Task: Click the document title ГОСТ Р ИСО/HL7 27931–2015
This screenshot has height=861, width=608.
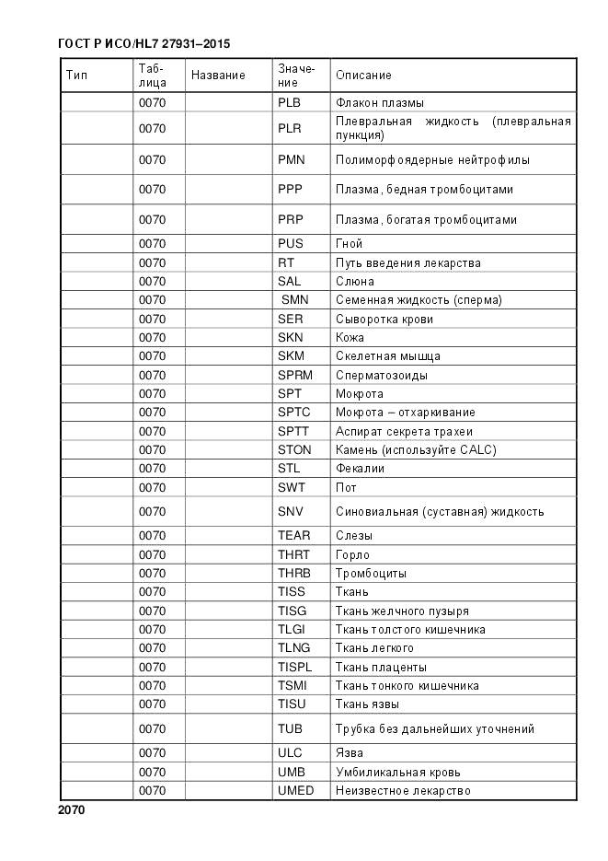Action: [x=143, y=43]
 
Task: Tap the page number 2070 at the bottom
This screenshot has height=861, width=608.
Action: [x=71, y=810]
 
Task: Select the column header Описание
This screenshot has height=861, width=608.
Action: [x=363, y=75]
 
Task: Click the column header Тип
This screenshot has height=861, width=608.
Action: [x=76, y=75]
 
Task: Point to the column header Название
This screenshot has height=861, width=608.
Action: [x=218, y=75]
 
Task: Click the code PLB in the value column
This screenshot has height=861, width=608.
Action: [x=290, y=103]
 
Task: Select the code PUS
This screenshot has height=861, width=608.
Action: [x=290, y=244]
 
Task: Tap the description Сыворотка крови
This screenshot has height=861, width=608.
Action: [x=384, y=319]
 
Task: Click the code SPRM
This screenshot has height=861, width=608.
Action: [x=295, y=375]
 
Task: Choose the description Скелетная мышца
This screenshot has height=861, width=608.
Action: [x=387, y=356]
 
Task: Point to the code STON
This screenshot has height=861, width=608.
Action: [x=294, y=450]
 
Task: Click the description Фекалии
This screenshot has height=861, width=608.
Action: [x=360, y=469]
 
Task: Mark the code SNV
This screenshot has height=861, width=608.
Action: [x=290, y=511]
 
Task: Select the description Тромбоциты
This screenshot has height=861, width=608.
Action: [x=371, y=573]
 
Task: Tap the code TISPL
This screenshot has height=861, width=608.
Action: [x=295, y=667]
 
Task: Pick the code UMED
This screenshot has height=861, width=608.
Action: [x=295, y=791]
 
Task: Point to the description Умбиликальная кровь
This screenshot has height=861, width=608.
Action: [x=397, y=772]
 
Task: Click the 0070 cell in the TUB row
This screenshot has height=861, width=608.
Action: [x=152, y=728]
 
